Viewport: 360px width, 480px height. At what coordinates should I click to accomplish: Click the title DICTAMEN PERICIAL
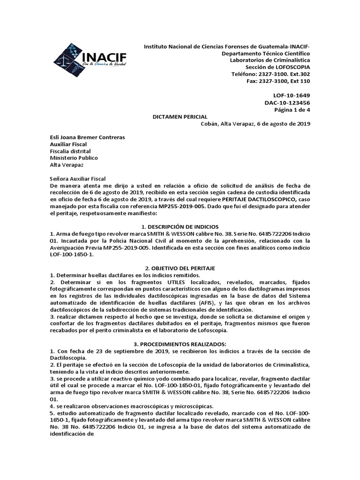[180, 117]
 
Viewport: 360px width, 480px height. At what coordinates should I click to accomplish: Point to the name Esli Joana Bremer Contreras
[88, 137]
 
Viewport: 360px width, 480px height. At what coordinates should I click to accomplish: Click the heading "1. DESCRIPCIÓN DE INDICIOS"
[180, 226]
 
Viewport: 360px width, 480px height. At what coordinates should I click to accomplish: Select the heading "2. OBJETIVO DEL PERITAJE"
[180, 268]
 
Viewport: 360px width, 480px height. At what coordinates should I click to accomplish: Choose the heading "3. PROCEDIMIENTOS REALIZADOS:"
[180, 344]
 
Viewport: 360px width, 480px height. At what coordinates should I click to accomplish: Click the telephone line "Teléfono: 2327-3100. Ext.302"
[270, 75]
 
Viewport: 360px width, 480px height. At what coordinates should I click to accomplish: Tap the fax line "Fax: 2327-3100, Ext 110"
[278, 81]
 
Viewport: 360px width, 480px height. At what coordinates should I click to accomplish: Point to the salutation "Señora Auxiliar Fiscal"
[78, 179]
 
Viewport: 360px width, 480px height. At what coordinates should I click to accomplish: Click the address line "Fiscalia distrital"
[71, 151]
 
